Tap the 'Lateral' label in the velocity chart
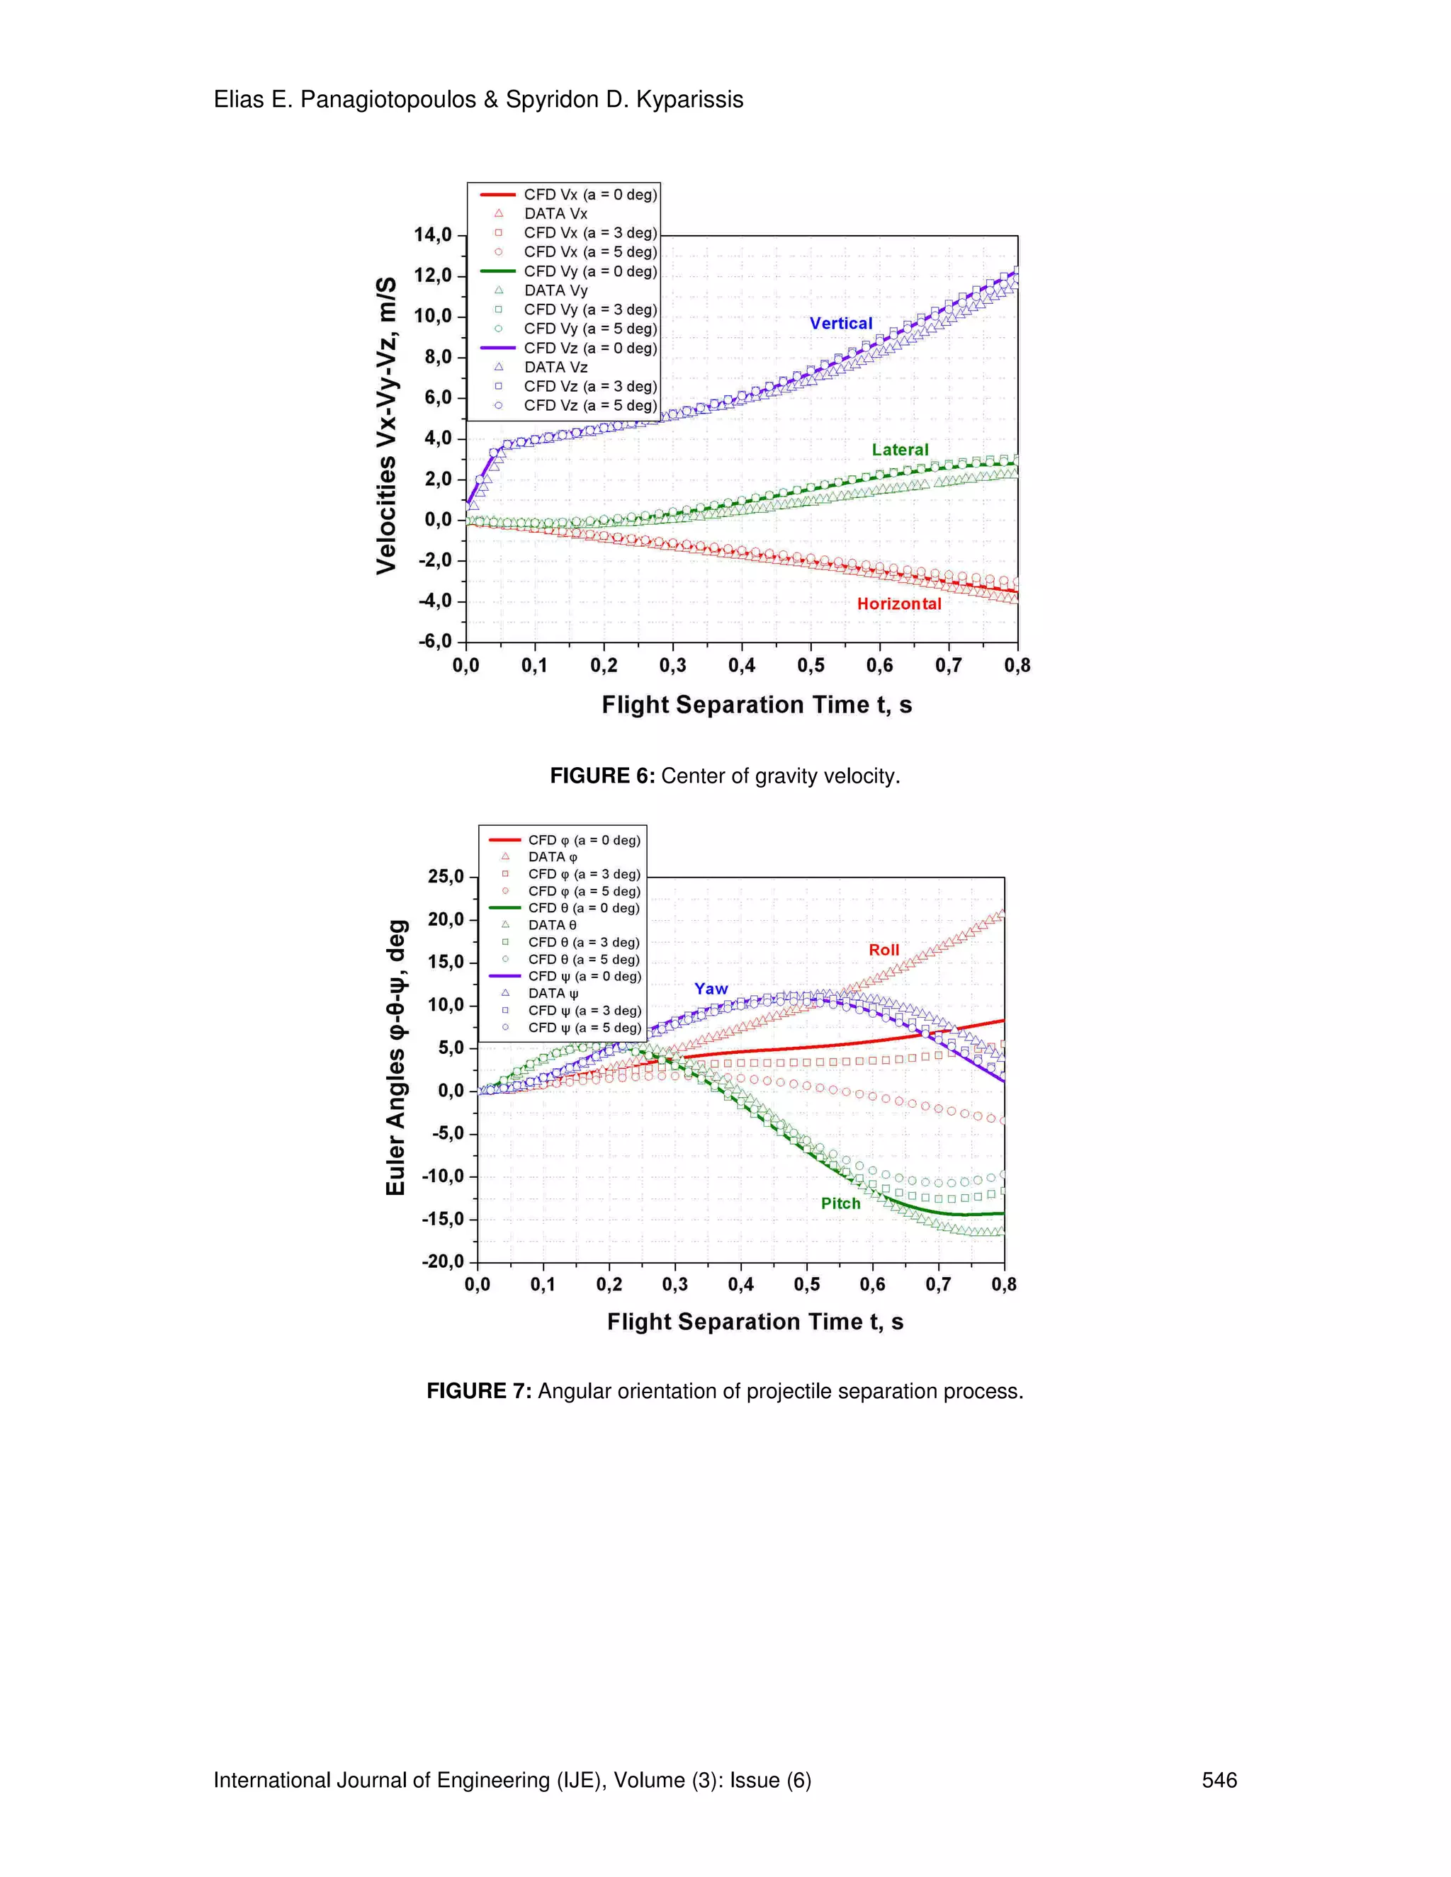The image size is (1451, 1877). click(899, 450)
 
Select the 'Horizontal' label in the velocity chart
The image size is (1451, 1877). click(898, 603)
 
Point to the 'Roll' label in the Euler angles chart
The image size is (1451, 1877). click(883, 950)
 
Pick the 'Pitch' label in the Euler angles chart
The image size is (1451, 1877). click(840, 1203)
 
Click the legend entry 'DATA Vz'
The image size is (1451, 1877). click(555, 367)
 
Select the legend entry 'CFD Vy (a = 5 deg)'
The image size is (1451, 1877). click(589, 329)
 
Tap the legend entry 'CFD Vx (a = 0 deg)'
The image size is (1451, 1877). click(589, 194)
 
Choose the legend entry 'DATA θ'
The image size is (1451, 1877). click(552, 925)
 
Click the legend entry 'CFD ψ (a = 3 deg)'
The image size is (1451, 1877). click(584, 1010)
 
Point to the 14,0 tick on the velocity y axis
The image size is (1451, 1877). click(432, 234)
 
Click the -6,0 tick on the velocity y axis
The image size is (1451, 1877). click(434, 641)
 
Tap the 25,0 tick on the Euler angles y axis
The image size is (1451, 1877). click(445, 877)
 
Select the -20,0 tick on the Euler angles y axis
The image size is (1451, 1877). click(442, 1261)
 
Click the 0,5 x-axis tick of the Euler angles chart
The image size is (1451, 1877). click(806, 1284)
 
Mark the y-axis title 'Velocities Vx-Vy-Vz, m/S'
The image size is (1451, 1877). click(387, 426)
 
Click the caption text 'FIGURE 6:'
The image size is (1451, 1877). click(602, 776)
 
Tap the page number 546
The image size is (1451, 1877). click(1218, 1780)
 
